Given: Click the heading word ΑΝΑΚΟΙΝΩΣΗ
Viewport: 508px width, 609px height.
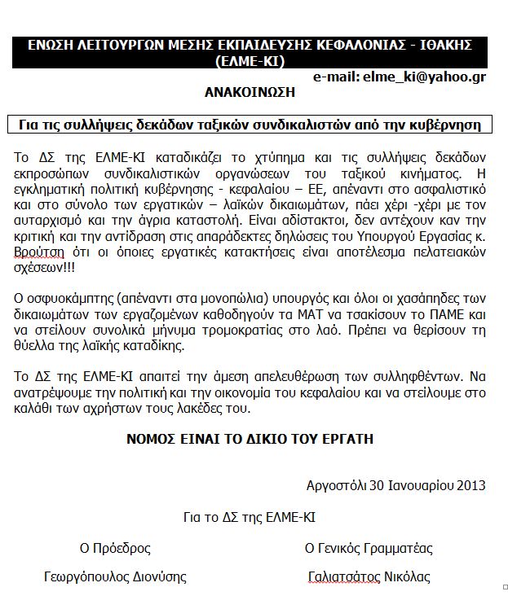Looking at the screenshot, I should (x=250, y=92).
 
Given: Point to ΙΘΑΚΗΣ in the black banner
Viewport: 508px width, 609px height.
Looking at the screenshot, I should (x=453, y=44).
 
